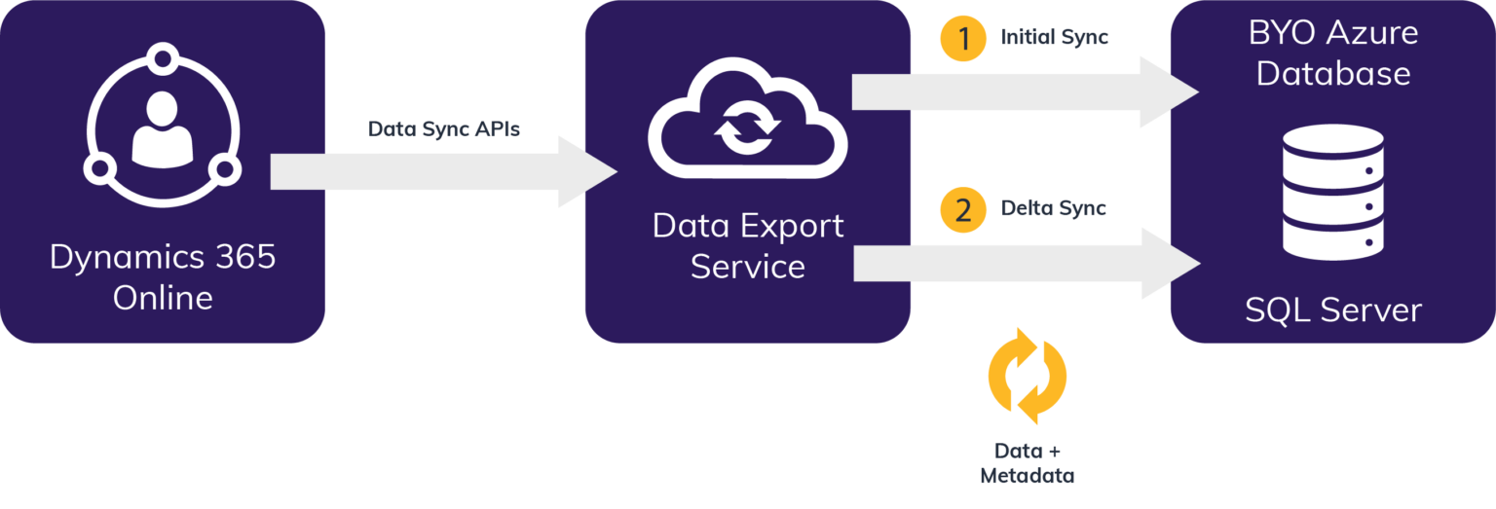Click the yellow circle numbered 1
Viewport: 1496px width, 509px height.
(963, 39)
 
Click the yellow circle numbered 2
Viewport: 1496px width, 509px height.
(963, 209)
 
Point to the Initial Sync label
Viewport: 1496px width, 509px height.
(1055, 38)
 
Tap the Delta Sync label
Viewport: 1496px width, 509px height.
(1054, 208)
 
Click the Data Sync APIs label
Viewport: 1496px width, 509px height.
(444, 128)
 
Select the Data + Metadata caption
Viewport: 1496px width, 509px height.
(1027, 464)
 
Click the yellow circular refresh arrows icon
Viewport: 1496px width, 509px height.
(1028, 376)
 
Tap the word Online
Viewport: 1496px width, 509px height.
(163, 298)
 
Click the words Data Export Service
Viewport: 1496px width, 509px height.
(748, 246)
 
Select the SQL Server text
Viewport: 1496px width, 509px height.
(1332, 310)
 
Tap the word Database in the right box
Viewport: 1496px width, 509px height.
(1332, 74)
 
